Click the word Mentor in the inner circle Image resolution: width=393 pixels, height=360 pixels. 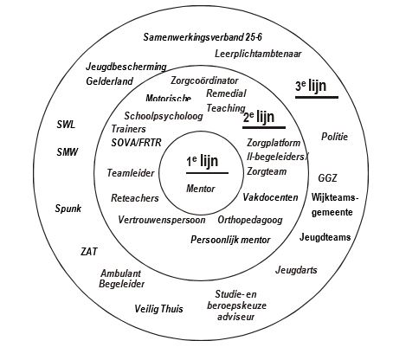coord(201,189)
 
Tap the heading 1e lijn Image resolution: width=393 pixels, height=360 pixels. coord(202,162)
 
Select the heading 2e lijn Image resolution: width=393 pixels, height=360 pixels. coord(259,117)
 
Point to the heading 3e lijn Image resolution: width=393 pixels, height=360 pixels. coord(311,86)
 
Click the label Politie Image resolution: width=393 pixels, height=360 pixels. coord(334,137)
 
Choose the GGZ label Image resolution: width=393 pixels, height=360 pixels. coord(327,178)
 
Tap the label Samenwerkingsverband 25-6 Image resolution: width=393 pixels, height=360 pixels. coord(203,37)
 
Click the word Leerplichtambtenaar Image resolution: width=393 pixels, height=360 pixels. coord(258,54)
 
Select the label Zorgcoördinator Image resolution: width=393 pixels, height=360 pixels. coord(204,80)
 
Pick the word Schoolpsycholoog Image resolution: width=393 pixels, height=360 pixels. coord(164,116)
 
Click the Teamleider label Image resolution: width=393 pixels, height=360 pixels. coord(131,173)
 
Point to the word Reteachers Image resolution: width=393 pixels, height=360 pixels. coord(135,198)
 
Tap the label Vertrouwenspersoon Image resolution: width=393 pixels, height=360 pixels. coord(162,220)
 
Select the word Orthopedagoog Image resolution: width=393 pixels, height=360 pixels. coord(250,220)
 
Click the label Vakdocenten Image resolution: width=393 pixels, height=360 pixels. coord(270,197)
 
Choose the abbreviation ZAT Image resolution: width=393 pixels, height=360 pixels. coord(89,252)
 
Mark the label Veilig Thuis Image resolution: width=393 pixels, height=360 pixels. coord(158,309)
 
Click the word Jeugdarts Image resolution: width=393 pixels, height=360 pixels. coord(296,270)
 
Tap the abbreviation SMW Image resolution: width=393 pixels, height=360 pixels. coord(68,152)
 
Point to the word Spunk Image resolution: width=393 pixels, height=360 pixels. coord(68,209)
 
